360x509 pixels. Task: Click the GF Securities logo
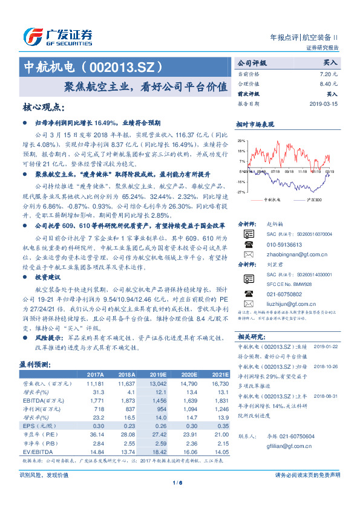(57, 36)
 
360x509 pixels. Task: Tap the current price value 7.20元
(328, 73)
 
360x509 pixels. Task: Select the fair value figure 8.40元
(328, 83)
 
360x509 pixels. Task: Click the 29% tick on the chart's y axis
(241, 140)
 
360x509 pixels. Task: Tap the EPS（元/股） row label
(37, 425)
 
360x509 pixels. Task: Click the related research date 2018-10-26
(325, 366)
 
